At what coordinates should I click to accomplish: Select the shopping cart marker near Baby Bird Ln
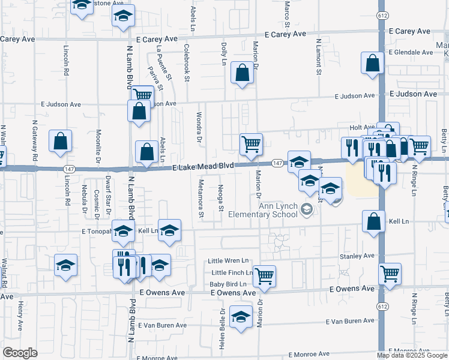click(x=264, y=275)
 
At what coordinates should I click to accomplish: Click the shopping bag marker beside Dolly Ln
click(x=241, y=74)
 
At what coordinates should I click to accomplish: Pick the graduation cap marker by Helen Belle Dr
click(x=241, y=317)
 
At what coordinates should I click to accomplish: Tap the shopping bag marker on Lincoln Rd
click(x=61, y=142)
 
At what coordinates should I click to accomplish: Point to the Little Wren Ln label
click(x=228, y=261)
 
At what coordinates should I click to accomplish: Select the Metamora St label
click(x=202, y=199)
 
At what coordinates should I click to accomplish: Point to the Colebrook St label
click(x=187, y=62)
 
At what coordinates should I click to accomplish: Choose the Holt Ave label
click(x=362, y=128)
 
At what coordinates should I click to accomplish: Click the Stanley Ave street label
click(x=357, y=256)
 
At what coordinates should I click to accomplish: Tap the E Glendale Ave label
click(x=411, y=52)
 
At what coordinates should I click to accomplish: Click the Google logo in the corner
click(x=20, y=352)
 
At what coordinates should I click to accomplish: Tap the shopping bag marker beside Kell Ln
click(x=373, y=221)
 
